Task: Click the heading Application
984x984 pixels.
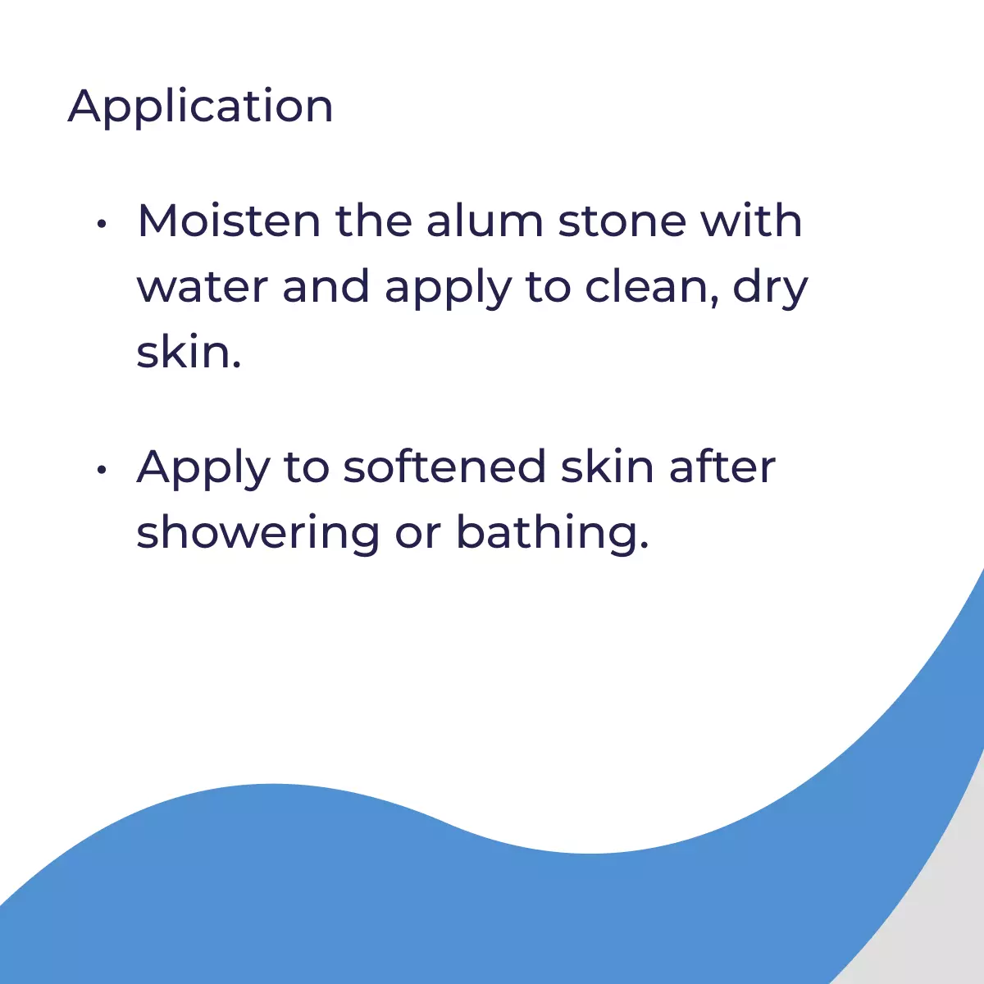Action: [200, 107]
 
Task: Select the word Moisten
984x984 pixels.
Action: [229, 221]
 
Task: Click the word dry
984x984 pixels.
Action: [770, 289]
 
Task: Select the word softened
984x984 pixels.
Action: [444, 466]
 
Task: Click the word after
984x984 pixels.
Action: [722, 466]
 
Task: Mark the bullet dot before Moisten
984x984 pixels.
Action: [102, 224]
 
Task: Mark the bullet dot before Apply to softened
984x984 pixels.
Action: [102, 469]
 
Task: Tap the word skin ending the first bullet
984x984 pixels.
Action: [189, 352]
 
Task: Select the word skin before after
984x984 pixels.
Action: [607, 466]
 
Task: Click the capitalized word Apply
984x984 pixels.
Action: [203, 469]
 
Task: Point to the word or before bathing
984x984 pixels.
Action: [417, 538]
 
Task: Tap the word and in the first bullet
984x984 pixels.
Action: [326, 286]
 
